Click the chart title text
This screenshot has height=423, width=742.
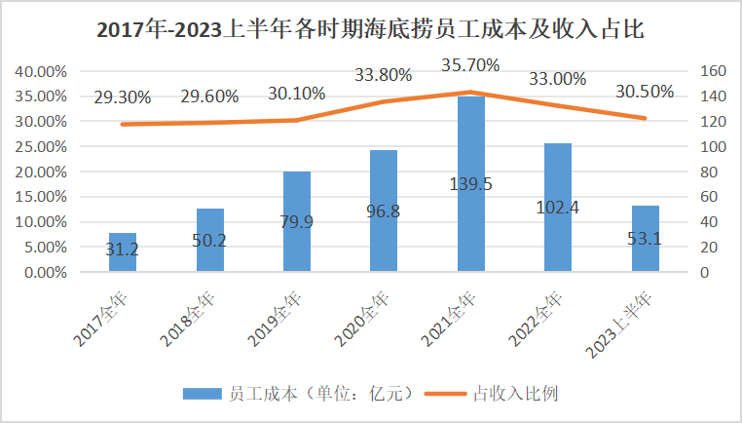[x=371, y=28]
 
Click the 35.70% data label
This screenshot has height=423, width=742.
[x=471, y=65]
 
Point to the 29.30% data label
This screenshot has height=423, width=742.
[x=123, y=97]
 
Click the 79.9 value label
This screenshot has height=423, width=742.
[x=297, y=222]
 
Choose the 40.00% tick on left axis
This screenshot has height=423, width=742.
[x=40, y=71]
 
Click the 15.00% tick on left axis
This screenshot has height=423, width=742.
[x=40, y=197]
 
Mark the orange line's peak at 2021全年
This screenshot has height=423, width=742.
[x=471, y=93]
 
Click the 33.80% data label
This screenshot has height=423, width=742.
[x=384, y=74]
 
